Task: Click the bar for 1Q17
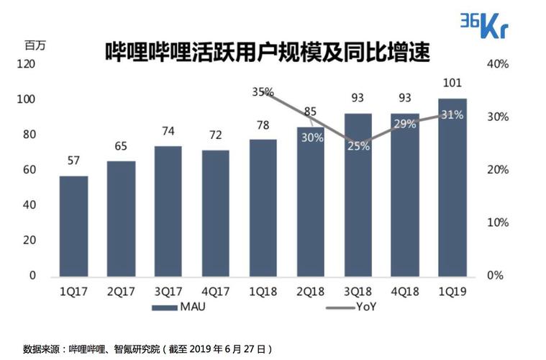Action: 73,226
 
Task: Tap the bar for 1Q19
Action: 452,187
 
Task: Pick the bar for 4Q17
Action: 216,213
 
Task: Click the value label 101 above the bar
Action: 452,84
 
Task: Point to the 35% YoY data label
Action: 263,91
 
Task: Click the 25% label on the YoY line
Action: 359,146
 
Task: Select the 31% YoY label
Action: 452,115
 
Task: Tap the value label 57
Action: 73,161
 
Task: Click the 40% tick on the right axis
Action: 498,64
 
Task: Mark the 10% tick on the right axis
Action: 498,222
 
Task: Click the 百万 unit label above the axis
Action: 35,45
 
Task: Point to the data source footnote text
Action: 147,348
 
